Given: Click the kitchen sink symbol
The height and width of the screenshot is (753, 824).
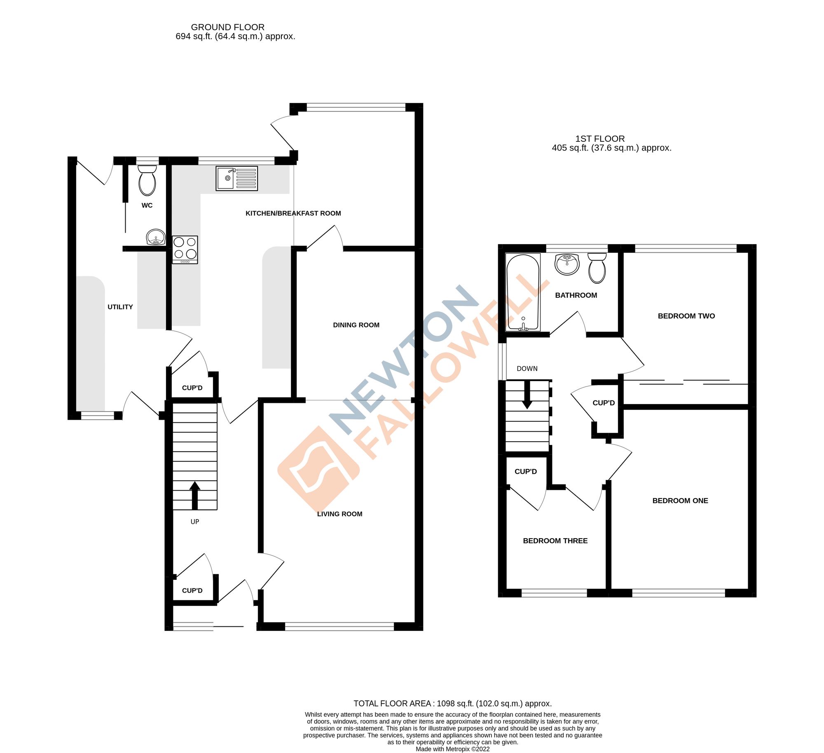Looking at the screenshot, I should tap(236, 178).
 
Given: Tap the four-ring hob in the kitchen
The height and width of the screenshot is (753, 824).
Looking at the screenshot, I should tap(185, 249).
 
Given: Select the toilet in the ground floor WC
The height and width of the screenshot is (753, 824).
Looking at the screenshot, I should tap(147, 181).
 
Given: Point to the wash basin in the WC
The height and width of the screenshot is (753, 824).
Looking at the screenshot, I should tap(156, 238).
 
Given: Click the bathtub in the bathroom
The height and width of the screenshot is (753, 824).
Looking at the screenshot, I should tap(523, 292).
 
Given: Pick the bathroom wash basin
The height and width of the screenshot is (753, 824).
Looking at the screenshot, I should tap(567, 264).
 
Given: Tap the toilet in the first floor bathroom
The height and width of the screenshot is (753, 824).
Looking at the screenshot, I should tap(597, 268).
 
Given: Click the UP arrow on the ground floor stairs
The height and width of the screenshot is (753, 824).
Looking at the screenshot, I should tap(195, 496).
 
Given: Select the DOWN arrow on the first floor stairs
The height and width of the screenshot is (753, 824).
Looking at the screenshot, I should tap(527, 395).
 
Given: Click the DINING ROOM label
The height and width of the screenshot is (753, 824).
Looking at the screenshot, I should tap(356, 325).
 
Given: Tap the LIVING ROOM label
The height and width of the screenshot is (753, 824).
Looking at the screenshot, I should tap(339, 514).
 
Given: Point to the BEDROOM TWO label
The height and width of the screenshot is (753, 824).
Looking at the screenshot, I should tap(686, 316).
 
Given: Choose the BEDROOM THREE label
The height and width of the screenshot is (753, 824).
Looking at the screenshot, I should tap(555, 541).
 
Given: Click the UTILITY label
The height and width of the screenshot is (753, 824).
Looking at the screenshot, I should tap(120, 307).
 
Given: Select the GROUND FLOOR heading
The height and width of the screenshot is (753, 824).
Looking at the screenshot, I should tap(227, 27).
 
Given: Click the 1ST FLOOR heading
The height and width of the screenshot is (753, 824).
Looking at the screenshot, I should tap(600, 139).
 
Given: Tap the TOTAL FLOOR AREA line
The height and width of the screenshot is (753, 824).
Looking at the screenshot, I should tap(452, 704).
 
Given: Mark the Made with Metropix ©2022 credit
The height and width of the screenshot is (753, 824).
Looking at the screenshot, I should tap(452, 749).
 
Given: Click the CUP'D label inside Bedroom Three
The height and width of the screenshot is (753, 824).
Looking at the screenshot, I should tap(525, 471).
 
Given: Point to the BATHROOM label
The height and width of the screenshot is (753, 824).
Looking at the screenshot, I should tap(576, 295).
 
